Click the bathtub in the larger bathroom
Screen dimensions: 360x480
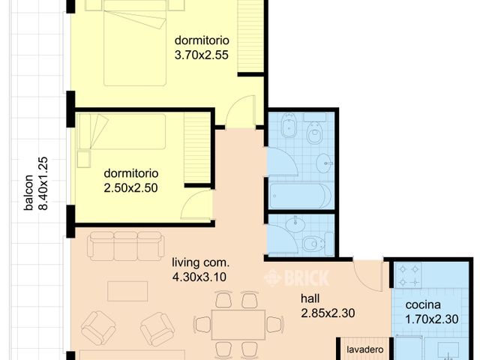300,196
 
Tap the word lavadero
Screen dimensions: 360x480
365,350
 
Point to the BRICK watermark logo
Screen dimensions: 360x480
297,277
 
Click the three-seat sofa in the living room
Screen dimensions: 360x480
125,246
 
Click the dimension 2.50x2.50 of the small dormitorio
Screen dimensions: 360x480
130,188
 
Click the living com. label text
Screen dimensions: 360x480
200,262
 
